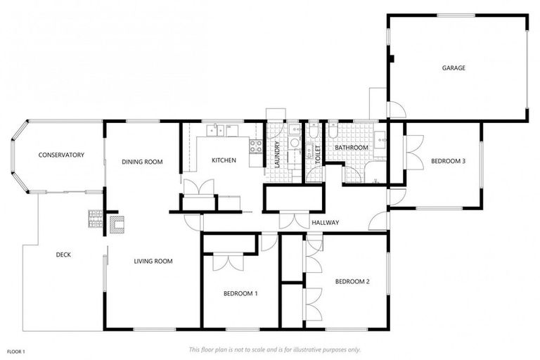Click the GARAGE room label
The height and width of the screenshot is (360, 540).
(x=454, y=68)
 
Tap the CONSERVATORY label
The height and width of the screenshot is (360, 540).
(x=61, y=155)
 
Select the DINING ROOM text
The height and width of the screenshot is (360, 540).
(x=142, y=162)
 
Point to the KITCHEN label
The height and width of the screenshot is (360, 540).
(x=224, y=160)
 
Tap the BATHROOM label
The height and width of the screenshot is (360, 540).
(x=351, y=148)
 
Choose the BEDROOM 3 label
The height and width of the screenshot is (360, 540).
(x=448, y=161)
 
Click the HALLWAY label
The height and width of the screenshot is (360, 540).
(x=325, y=223)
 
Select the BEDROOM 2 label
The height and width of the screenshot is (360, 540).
(x=352, y=282)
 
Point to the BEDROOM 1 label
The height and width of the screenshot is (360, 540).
(x=240, y=293)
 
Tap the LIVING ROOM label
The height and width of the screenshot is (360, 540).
(x=153, y=262)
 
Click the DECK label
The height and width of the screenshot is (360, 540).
(x=63, y=255)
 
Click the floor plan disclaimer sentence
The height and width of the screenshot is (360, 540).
(x=274, y=349)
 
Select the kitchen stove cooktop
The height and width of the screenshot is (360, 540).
(x=255, y=146)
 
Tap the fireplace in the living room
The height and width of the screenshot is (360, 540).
(x=117, y=224)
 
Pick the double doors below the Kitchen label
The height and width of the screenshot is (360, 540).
(x=199, y=188)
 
